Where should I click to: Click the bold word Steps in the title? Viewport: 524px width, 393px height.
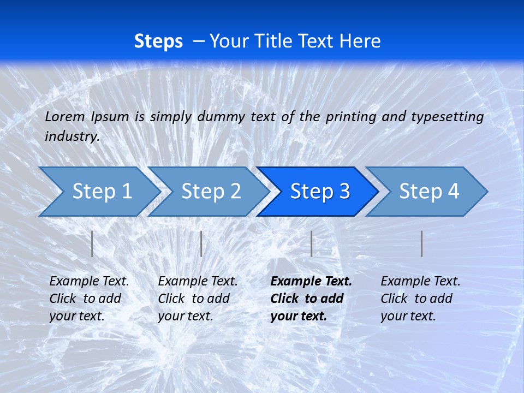tap(158, 41)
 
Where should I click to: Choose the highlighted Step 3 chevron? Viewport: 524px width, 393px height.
tap(320, 191)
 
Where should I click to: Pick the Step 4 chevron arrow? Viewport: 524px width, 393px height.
tap(429, 191)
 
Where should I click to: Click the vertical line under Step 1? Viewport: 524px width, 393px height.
tap(92, 243)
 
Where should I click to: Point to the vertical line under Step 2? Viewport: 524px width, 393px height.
tap(201, 243)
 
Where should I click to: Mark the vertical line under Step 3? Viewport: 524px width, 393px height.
tap(311, 243)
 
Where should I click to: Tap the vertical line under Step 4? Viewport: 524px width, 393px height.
tap(422, 243)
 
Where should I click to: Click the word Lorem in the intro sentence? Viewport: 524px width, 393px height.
tap(65, 116)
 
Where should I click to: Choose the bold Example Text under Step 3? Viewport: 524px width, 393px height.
tap(311, 281)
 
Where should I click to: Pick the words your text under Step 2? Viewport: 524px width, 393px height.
tap(185, 316)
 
